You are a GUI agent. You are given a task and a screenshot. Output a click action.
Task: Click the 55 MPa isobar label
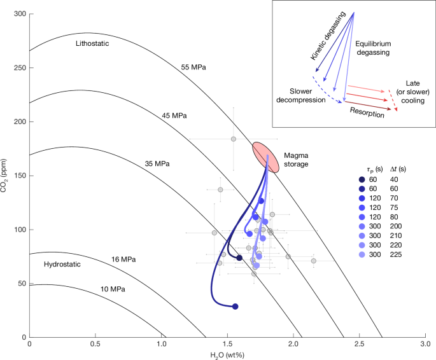[193, 67]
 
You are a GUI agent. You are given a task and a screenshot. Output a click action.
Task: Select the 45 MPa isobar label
[174, 116]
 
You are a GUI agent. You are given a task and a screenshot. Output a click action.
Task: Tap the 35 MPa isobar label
[157, 163]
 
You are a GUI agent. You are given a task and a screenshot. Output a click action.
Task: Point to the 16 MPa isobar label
[123, 260]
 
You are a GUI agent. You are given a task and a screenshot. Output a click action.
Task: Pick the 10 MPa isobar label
[112, 289]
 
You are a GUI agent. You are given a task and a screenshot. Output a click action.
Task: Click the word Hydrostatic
[63, 264]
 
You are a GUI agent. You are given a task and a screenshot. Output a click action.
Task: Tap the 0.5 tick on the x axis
[95, 344]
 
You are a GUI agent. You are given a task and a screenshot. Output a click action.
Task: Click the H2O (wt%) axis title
[227, 354]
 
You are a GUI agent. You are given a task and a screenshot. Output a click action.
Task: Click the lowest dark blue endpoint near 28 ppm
[235, 307]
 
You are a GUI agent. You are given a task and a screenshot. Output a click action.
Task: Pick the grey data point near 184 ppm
[234, 139]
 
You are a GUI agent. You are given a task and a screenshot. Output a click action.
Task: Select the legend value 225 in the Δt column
[395, 254]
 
